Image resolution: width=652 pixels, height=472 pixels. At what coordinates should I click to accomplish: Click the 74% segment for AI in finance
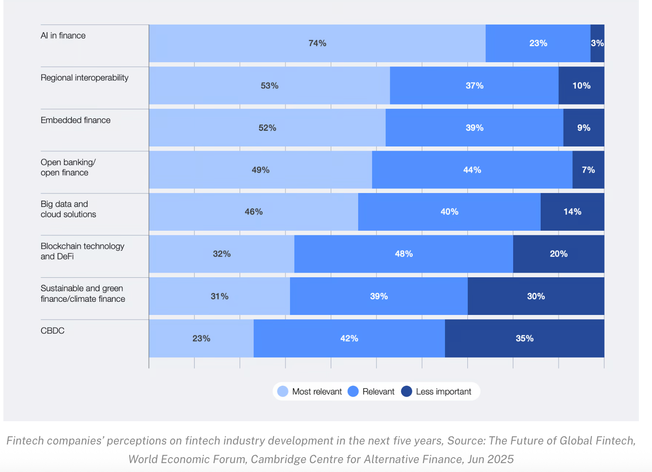pos(317,43)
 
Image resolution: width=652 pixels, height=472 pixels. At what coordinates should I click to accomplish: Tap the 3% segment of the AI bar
pos(597,43)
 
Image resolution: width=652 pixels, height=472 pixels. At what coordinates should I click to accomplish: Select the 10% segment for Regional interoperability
pos(581,86)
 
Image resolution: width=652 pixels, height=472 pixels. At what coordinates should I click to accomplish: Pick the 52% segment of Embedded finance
pos(267,128)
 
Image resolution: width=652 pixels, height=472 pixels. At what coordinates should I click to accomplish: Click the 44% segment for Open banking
pos(472,170)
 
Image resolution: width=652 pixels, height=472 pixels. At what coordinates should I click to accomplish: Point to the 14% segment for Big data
pos(572,212)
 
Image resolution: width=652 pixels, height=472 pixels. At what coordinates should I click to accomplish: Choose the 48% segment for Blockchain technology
pos(403,254)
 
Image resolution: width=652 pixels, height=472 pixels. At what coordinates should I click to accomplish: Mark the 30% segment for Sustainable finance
pos(536,296)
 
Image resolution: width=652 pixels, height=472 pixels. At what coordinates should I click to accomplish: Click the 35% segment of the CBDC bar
pos(524,338)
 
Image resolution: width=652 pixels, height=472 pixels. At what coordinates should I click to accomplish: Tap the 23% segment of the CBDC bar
pos(201,338)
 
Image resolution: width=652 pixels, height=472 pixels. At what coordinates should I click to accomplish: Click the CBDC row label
pos(52,331)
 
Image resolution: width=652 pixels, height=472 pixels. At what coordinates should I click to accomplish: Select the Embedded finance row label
pos(75,120)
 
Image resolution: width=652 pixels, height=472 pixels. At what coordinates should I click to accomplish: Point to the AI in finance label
pos(63,36)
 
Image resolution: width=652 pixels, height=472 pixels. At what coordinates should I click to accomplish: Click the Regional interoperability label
pos(84,78)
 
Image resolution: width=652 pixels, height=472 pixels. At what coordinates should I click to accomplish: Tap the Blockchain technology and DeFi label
pos(82,251)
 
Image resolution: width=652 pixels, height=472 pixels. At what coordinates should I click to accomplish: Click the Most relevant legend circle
pos(283,392)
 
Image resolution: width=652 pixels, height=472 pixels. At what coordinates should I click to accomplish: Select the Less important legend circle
pos(406,392)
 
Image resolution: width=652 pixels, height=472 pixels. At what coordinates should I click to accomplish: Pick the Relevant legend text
pos(378,392)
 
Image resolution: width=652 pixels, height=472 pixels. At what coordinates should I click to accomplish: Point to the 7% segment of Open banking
pos(588,170)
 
